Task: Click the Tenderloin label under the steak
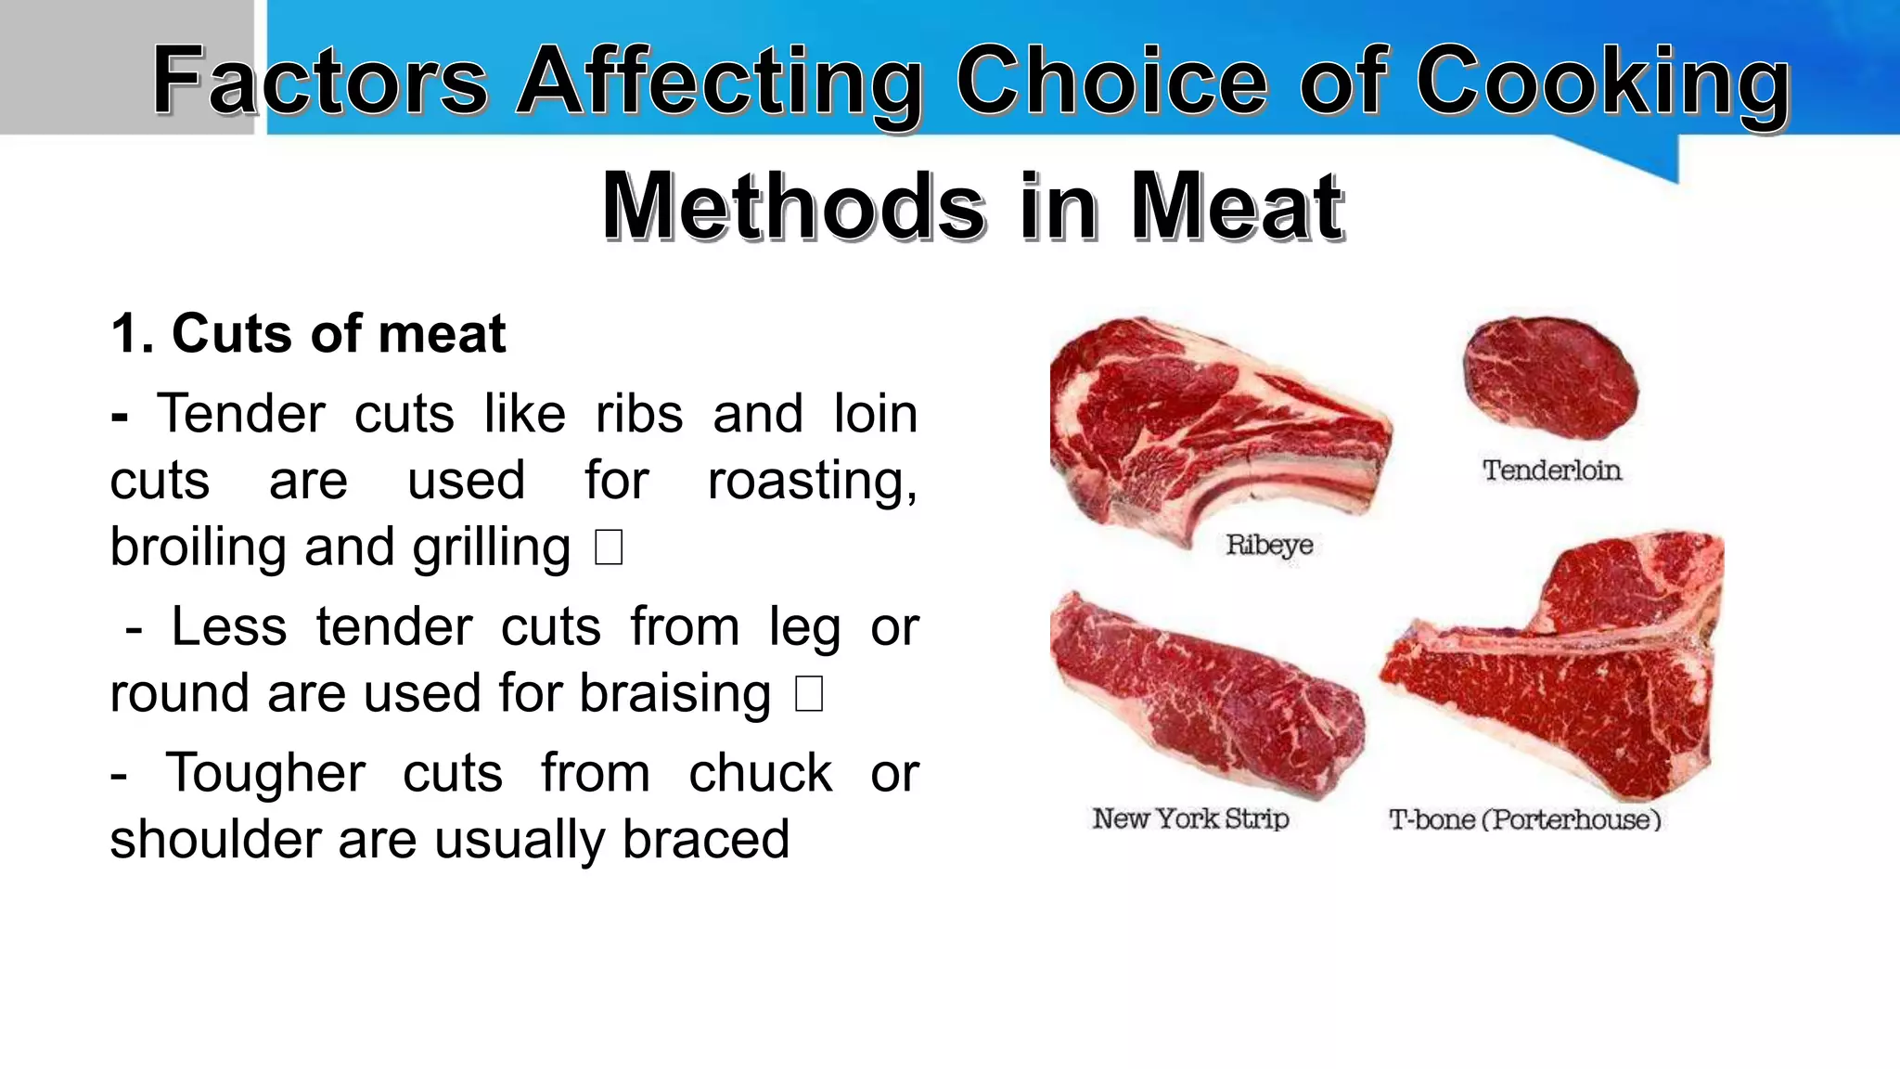pyautogui.click(x=1551, y=470)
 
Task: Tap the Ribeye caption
pyautogui.click(x=1269, y=545)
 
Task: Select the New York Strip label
pyautogui.click(x=1190, y=818)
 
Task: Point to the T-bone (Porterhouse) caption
pyautogui.click(x=1524, y=819)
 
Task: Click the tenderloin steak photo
pyautogui.click(x=1550, y=378)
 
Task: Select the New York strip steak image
pyautogui.click(x=1206, y=696)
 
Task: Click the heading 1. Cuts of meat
pyautogui.click(x=308, y=333)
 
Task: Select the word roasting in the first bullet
pyautogui.click(x=811, y=482)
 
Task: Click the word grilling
pyautogui.click(x=491, y=547)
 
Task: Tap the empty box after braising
pyautogui.click(x=809, y=694)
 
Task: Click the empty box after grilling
pyautogui.click(x=609, y=547)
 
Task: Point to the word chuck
pyautogui.click(x=760, y=772)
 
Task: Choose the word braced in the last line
pyautogui.click(x=705, y=839)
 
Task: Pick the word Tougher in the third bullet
pyautogui.click(x=265, y=774)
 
